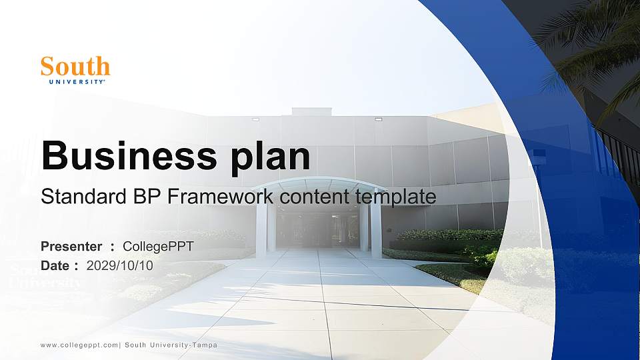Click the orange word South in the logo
pos(75,67)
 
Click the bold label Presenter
pos(71,247)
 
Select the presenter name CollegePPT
pos(158,247)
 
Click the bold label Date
pos(55,265)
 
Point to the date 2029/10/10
pos(119,265)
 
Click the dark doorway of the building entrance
pos(319,230)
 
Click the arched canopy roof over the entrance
pos(319,184)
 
